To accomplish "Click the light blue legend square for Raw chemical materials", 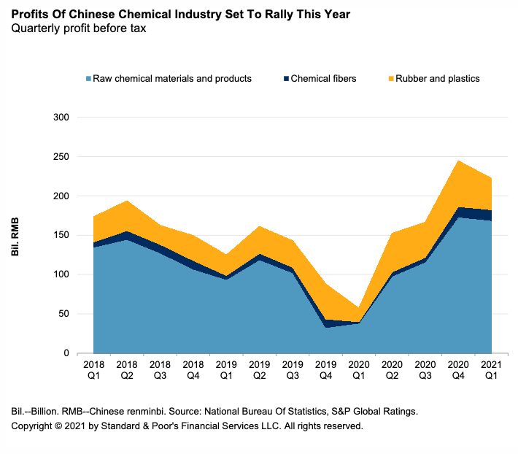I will point(88,79).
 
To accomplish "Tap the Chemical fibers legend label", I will point(323,79).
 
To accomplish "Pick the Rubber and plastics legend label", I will point(437,79).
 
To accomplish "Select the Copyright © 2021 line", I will point(187,426).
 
